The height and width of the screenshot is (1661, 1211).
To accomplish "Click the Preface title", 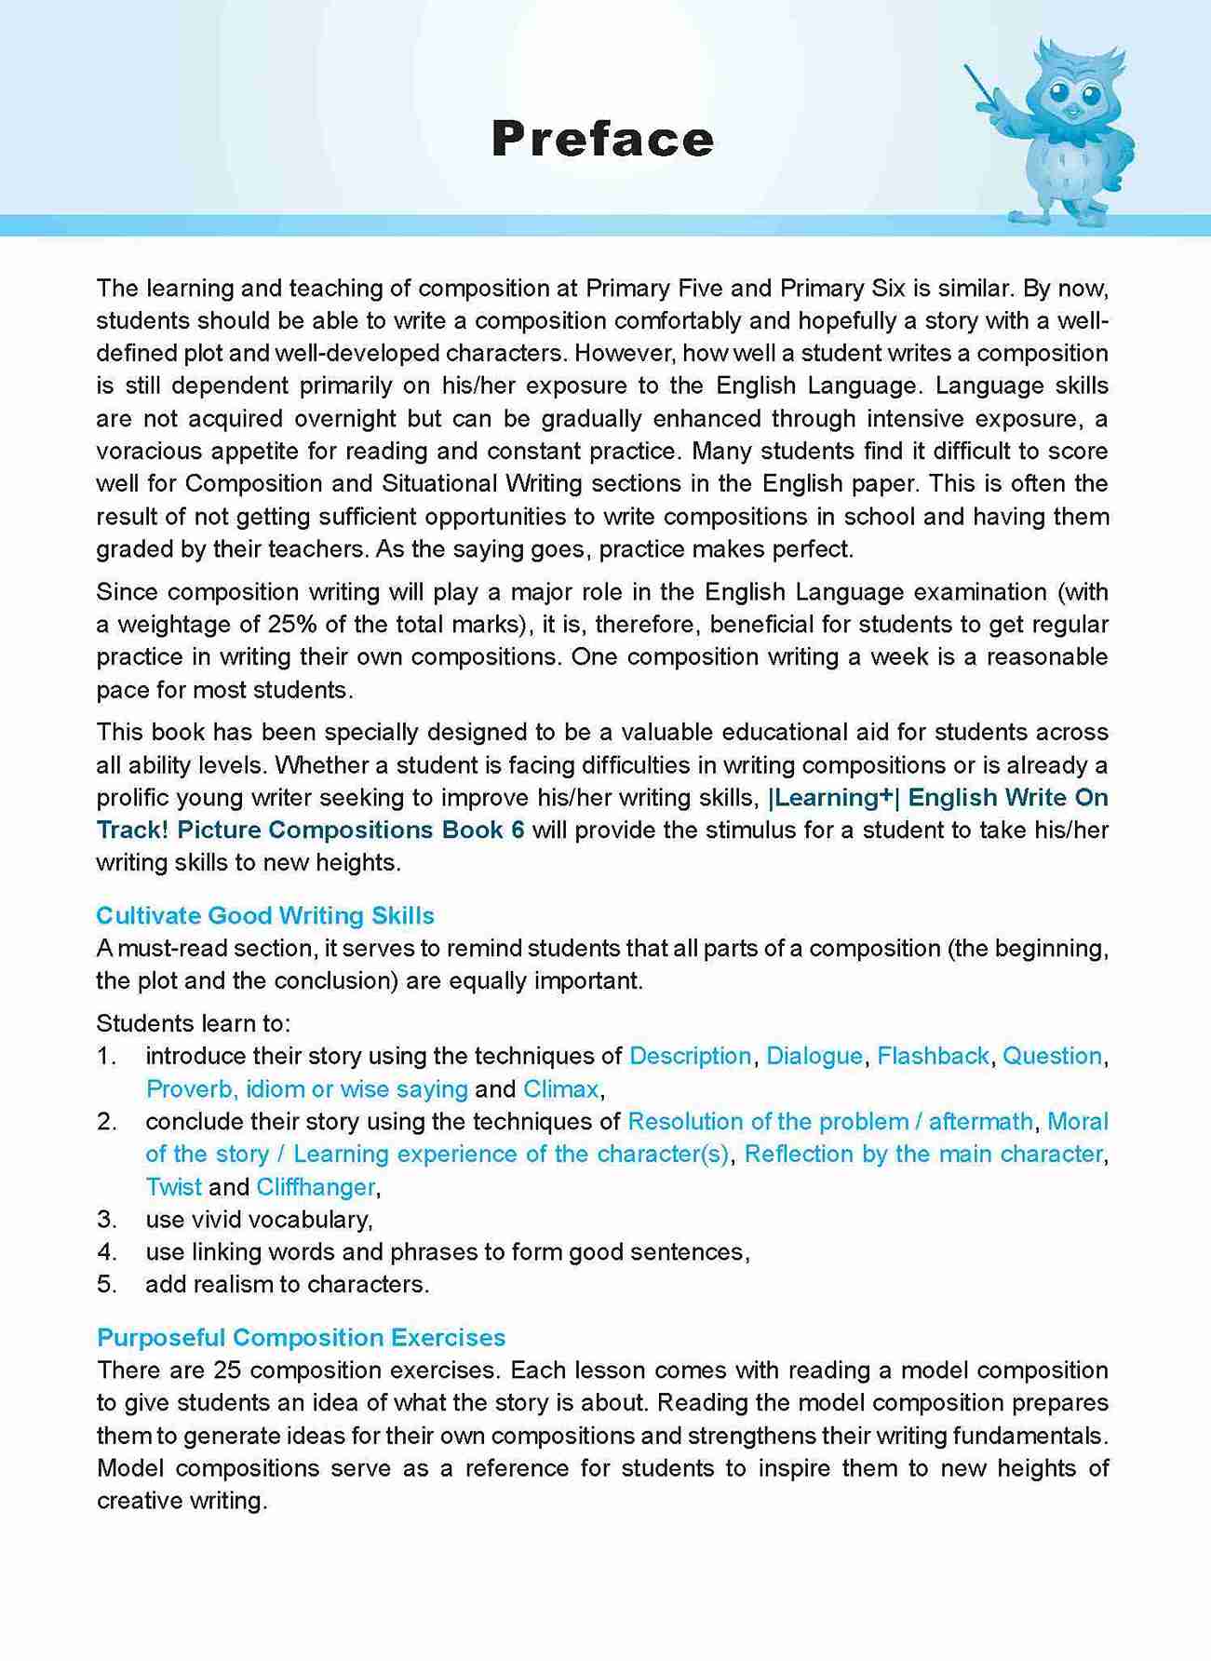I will click(x=602, y=140).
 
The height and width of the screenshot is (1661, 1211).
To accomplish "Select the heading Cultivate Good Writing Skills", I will click(x=265, y=915).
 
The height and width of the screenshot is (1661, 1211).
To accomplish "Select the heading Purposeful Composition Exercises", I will click(x=301, y=1337).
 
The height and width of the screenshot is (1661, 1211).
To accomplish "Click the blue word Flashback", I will click(x=933, y=1056).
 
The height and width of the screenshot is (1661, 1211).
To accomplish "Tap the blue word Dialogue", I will click(x=814, y=1056).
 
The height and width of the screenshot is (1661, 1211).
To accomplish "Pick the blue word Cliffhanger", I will click(x=316, y=1187).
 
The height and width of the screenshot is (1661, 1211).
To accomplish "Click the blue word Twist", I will click(x=173, y=1187).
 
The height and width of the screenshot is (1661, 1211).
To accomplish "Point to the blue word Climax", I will click(x=561, y=1088).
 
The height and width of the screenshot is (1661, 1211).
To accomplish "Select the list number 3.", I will click(x=106, y=1220).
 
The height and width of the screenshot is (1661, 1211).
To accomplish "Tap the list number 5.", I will click(x=106, y=1285).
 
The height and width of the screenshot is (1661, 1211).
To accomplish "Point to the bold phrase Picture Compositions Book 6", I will click(x=351, y=830).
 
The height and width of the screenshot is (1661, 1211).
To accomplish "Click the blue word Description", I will click(x=690, y=1056).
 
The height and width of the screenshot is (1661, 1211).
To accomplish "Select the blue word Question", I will click(x=1052, y=1056).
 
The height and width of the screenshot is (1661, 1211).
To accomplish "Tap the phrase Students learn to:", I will click(x=194, y=1023).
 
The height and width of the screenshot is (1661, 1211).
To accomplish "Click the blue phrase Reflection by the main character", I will click(x=923, y=1155).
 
